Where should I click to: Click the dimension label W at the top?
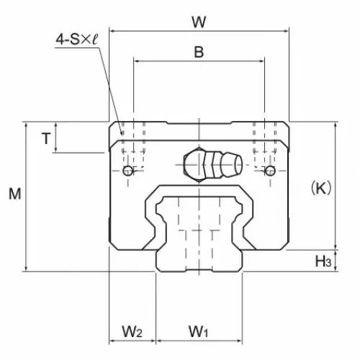199,22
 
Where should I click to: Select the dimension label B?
199,52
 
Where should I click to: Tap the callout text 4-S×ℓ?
77,39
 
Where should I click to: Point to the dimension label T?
46,138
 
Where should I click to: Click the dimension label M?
15,194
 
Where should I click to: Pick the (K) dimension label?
321,188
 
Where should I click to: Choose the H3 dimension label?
323,261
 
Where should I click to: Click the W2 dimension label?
132,331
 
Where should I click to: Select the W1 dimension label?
198,331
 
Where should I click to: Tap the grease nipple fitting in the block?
212,165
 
